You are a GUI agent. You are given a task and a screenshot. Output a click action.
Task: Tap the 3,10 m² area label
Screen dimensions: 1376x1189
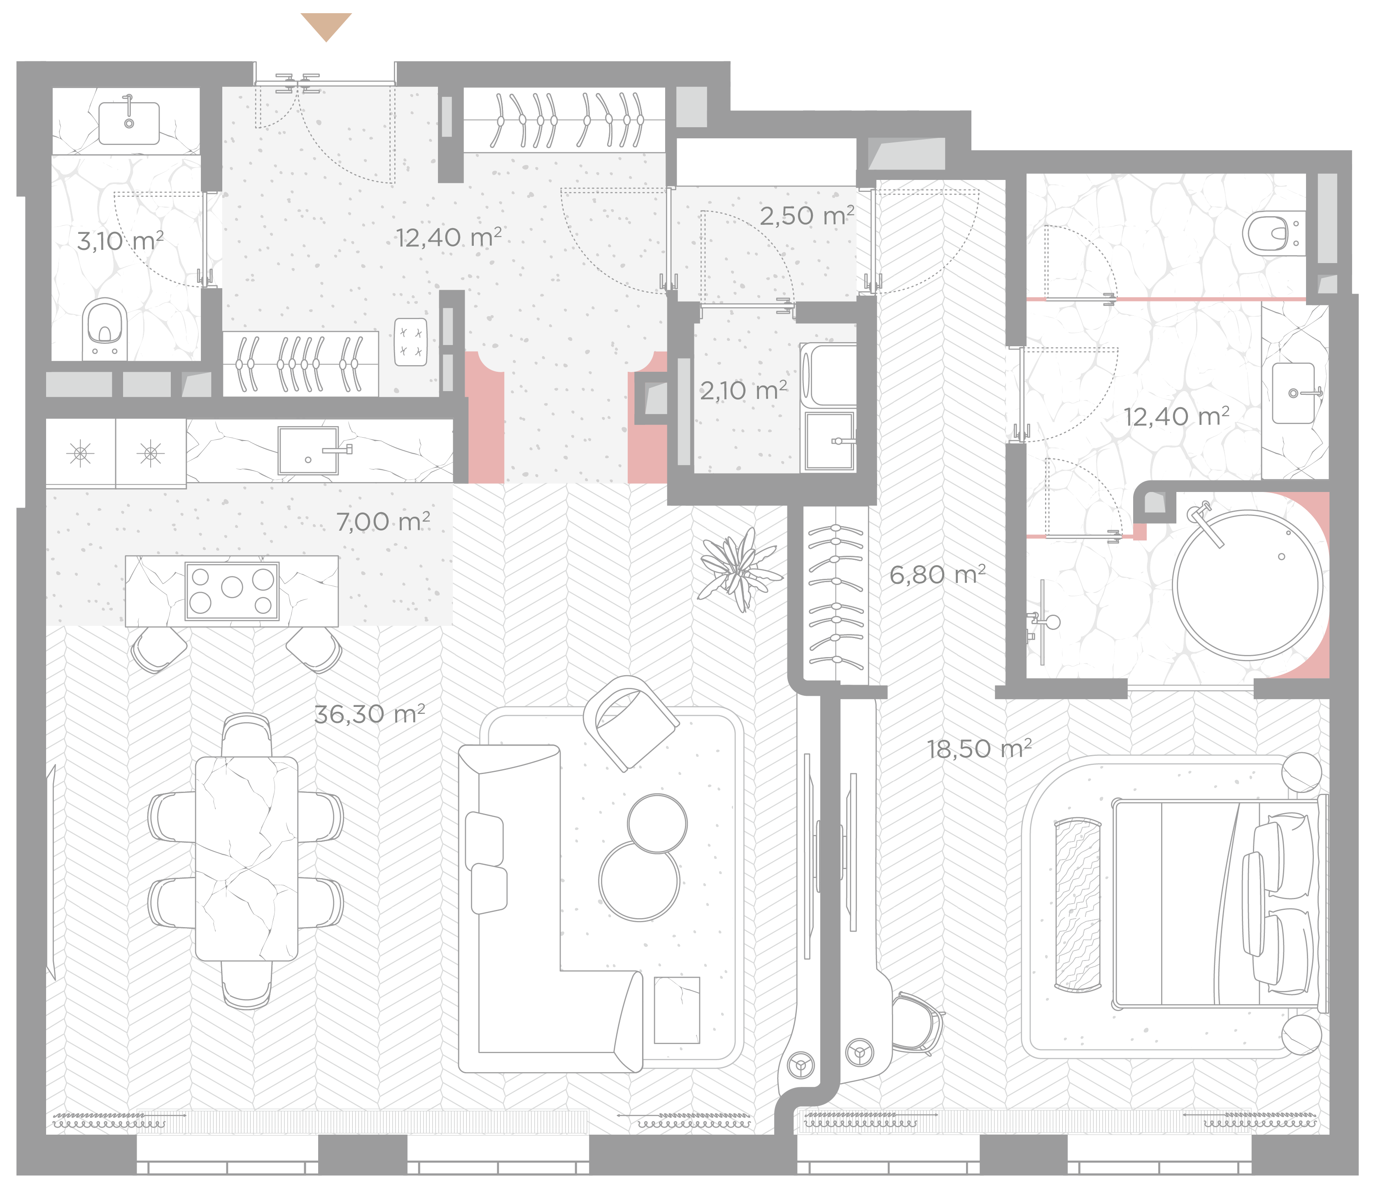tap(120, 240)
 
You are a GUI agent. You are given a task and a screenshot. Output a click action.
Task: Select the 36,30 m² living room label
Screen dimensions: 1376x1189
tap(369, 714)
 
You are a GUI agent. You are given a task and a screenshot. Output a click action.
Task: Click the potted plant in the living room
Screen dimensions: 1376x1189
tap(739, 569)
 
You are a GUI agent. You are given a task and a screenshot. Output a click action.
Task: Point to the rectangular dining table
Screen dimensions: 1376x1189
tap(247, 858)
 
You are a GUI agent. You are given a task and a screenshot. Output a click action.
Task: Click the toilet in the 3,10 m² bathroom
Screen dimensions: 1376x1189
tap(105, 329)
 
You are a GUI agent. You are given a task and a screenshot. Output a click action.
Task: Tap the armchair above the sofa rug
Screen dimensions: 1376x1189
tap(631, 722)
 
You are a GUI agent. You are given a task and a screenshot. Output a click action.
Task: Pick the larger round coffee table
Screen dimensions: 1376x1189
tap(639, 881)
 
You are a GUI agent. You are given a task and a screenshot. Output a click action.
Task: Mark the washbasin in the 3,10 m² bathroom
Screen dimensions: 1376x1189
tap(129, 123)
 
